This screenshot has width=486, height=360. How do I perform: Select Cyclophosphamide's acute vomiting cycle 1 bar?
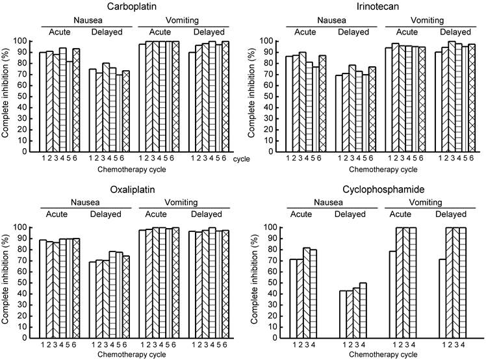click(x=393, y=294)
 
